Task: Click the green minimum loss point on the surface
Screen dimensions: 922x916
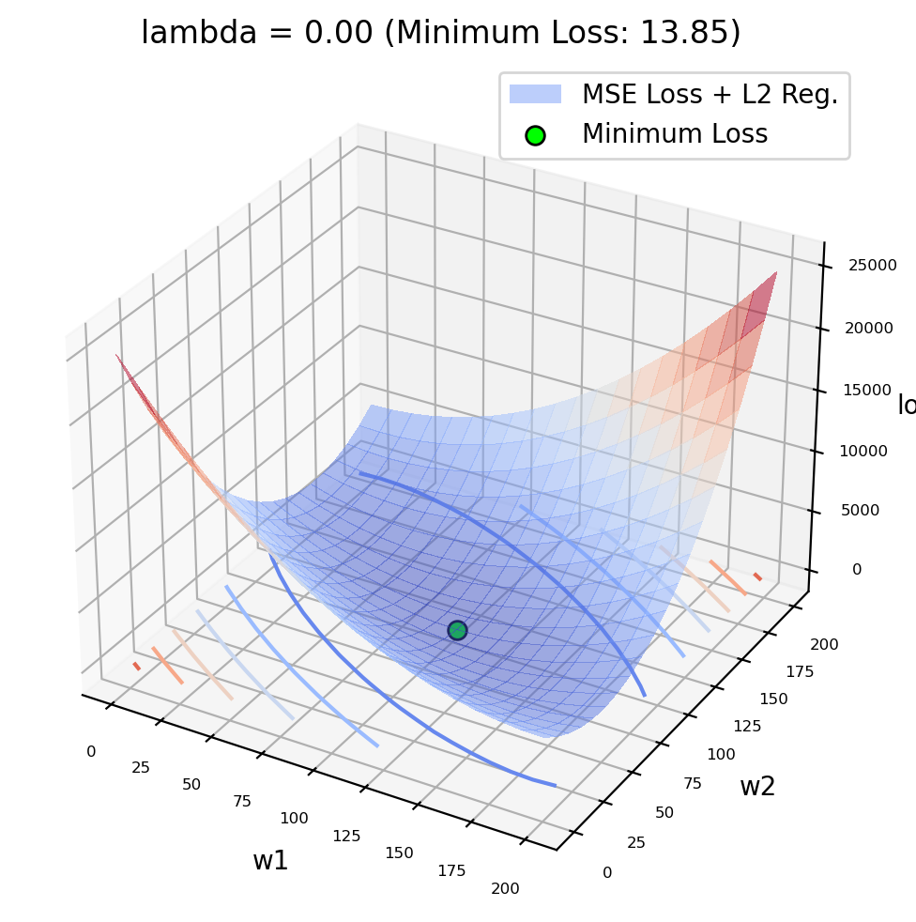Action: point(457,630)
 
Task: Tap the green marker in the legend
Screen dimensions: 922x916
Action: point(535,134)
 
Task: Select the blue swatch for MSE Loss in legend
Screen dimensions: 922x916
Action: point(535,94)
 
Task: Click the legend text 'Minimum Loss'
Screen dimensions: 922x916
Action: point(675,134)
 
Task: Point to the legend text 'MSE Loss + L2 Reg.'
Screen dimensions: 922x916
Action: point(710,94)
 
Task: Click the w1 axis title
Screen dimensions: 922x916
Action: point(270,861)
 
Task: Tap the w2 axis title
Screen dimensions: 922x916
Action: point(757,787)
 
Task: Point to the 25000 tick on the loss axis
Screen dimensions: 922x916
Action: point(871,265)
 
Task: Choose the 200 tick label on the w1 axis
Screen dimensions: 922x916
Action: point(504,888)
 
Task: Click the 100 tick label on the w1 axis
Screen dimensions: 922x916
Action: point(294,818)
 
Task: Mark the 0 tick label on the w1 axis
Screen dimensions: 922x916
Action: point(91,751)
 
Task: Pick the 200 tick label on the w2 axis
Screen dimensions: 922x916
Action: point(825,644)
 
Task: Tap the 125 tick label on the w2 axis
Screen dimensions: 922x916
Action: point(747,727)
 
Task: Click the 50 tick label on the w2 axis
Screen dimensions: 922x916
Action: point(664,812)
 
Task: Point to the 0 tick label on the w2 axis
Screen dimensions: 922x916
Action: point(607,872)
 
